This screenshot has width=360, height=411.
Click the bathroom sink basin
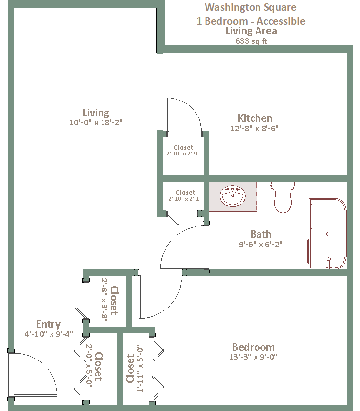[233, 196]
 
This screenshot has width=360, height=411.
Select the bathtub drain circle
[328, 234]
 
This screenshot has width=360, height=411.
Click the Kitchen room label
[255, 118]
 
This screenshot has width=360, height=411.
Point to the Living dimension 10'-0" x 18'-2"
[96, 122]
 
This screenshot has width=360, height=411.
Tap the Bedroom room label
[253, 347]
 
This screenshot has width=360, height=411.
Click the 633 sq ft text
[251, 41]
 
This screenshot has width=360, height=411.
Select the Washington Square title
[251, 7]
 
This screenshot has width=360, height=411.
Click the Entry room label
[48, 324]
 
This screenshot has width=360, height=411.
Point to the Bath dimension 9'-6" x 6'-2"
[260, 244]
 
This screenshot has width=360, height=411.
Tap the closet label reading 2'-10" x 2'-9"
[183, 154]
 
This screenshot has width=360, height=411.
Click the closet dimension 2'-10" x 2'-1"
[185, 199]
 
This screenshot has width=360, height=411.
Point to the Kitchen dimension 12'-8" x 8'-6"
[255, 128]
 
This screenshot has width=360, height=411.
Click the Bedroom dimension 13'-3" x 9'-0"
[253, 357]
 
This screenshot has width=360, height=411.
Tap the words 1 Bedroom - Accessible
[251, 21]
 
